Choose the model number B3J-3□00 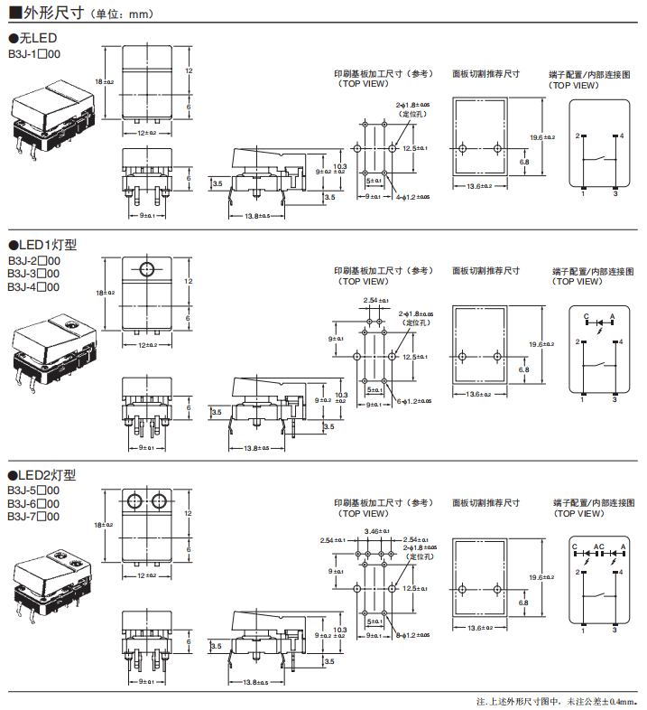33,274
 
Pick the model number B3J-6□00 33,503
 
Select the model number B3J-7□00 33,517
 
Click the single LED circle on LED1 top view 147,267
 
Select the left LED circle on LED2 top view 134,500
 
